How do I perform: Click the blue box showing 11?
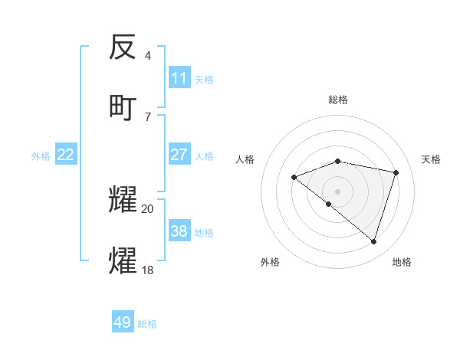coord(179,78)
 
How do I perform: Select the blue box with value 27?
coord(179,155)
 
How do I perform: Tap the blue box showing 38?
coord(179,231)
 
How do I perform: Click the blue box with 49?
coord(123,322)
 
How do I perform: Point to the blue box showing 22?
coord(66,155)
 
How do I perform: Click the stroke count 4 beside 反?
coord(148,56)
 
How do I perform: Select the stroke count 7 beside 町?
coord(148,116)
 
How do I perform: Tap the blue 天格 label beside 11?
coord(204,79)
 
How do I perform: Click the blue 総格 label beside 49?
coord(148,324)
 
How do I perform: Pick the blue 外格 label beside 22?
coord(41,155)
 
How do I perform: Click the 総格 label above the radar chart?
coord(338,100)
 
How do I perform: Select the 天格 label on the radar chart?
coord(432,159)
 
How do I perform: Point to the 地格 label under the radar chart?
coord(402,262)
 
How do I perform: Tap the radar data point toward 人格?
coord(294,178)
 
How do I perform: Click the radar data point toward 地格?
coord(373,242)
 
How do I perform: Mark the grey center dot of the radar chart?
coord(338,191)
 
